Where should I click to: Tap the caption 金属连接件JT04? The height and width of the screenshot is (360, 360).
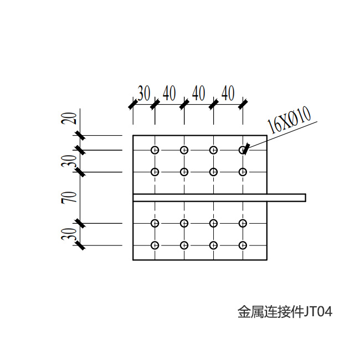285,312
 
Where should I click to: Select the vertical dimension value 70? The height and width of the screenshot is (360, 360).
69,198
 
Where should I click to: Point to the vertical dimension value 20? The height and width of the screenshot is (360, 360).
69,118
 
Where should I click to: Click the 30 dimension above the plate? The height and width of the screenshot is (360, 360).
144,93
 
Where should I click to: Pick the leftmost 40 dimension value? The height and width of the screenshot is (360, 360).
169,93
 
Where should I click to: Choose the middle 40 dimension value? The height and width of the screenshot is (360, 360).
199,93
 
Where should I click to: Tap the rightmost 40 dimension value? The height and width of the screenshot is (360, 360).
228,93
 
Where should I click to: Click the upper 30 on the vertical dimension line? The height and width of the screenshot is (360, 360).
69,161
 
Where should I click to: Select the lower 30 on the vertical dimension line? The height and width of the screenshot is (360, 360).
69,234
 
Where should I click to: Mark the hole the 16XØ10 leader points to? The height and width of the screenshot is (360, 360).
243,150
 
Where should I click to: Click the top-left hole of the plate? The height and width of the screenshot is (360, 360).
155,150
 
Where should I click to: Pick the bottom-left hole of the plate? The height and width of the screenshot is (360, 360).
155,245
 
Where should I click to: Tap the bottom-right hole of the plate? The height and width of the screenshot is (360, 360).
243,245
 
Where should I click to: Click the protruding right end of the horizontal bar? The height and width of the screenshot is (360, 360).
305,198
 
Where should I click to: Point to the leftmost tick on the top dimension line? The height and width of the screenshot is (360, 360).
133,105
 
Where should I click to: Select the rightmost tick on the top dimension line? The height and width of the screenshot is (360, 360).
243,105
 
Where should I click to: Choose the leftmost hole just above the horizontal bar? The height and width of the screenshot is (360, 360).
155,172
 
